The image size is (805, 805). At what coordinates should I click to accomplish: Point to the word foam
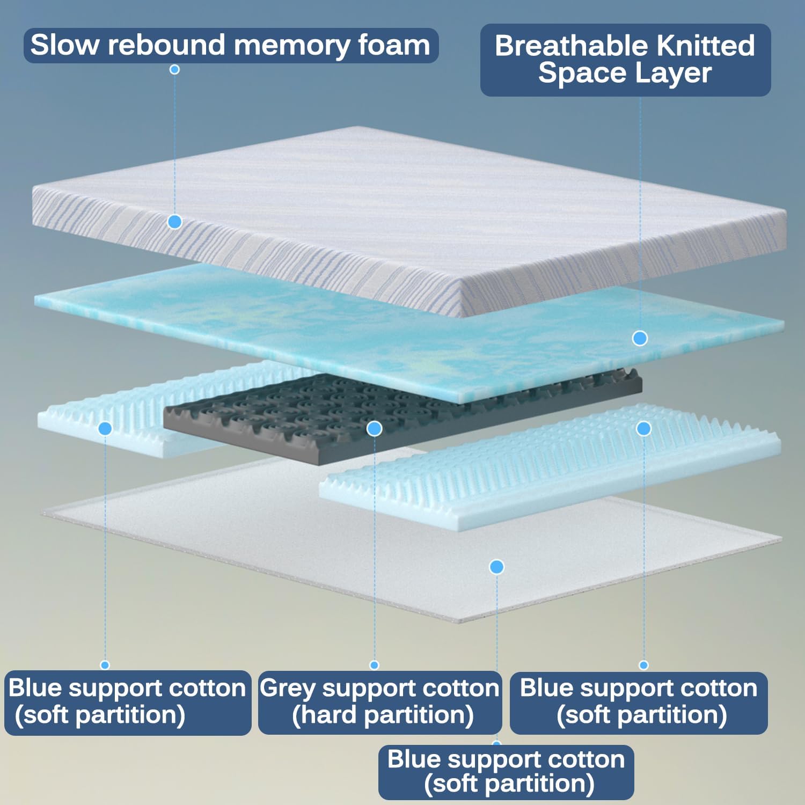394,45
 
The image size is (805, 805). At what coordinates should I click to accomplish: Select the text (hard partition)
383,715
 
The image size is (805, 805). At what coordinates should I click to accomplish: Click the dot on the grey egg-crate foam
374,428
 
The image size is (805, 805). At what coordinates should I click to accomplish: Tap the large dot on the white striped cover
174,222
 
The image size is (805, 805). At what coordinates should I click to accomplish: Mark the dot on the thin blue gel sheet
640,338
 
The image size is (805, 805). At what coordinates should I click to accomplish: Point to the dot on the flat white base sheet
497,567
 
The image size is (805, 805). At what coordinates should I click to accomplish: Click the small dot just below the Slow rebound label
174,69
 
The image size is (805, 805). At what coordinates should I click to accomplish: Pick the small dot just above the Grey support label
375,665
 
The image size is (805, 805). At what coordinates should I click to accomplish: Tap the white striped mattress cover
408,215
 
